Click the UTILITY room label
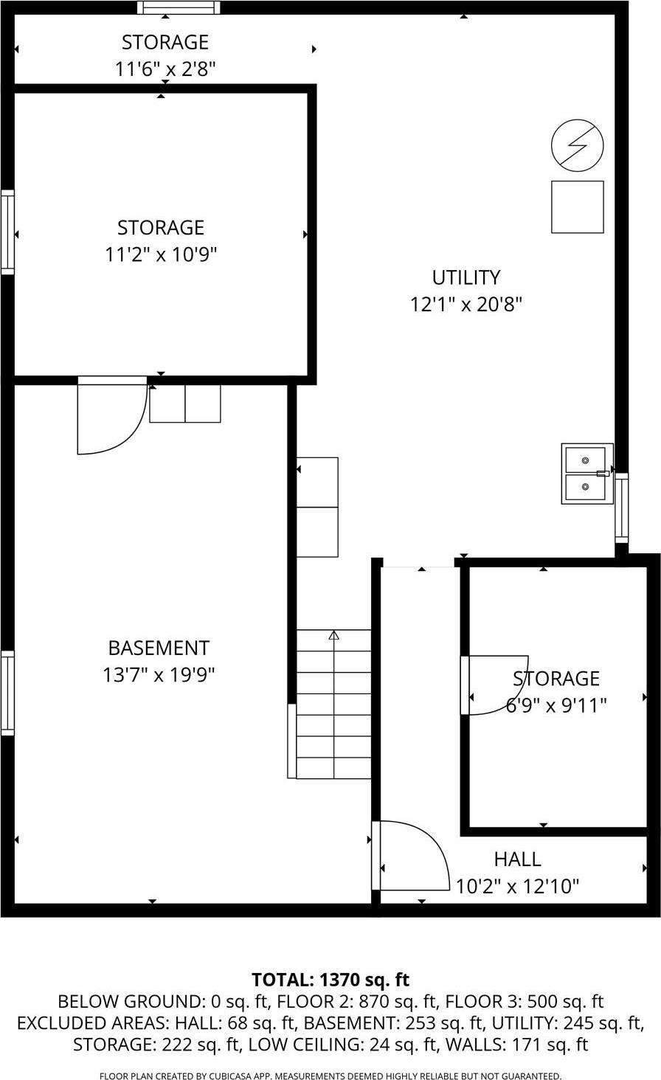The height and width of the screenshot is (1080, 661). tap(466, 277)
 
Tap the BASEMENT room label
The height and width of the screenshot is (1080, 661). tap(159, 648)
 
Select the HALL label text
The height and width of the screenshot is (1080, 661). tap(517, 859)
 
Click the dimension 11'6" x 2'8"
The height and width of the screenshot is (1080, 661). tap(165, 69)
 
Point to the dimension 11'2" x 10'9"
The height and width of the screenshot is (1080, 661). tap(160, 255)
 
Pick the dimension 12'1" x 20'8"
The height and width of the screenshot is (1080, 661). tap(466, 305)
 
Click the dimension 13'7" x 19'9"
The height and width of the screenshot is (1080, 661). tap(159, 675)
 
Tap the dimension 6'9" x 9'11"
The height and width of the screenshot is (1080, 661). tap(556, 705)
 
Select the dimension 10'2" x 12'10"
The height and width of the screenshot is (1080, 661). tap(517, 886)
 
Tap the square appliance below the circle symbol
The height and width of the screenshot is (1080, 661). tap(577, 207)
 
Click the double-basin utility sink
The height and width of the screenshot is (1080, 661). tap(586, 474)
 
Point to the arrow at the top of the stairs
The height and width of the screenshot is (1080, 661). tap(333, 634)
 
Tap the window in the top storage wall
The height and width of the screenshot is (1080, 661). tap(179, 8)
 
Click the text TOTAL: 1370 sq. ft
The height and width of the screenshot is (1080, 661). tap(330, 980)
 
